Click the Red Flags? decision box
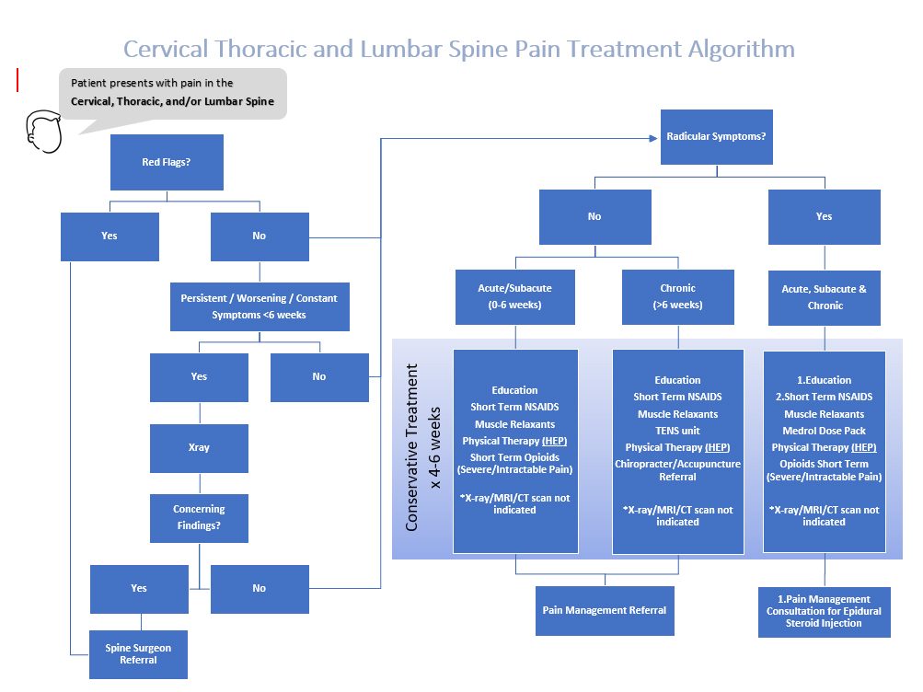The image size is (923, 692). (167, 162)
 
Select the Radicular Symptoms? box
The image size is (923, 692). (716, 137)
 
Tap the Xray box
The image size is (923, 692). (199, 448)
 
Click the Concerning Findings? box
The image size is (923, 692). (199, 518)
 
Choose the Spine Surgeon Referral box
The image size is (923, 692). (138, 654)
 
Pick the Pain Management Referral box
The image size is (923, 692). (604, 610)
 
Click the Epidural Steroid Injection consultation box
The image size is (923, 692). (824, 611)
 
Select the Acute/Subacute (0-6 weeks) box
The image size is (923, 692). (515, 296)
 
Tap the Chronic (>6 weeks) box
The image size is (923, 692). (677, 296)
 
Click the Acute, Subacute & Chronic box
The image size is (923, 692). (824, 296)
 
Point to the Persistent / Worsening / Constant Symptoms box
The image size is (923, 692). (259, 306)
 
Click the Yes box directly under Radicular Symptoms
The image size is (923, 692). (824, 216)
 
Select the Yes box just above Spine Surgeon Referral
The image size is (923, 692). (138, 589)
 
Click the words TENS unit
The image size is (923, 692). (677, 431)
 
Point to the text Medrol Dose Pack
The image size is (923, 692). (824, 431)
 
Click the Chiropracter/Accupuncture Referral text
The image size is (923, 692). (677, 470)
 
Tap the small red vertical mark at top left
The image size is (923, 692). (17, 80)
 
